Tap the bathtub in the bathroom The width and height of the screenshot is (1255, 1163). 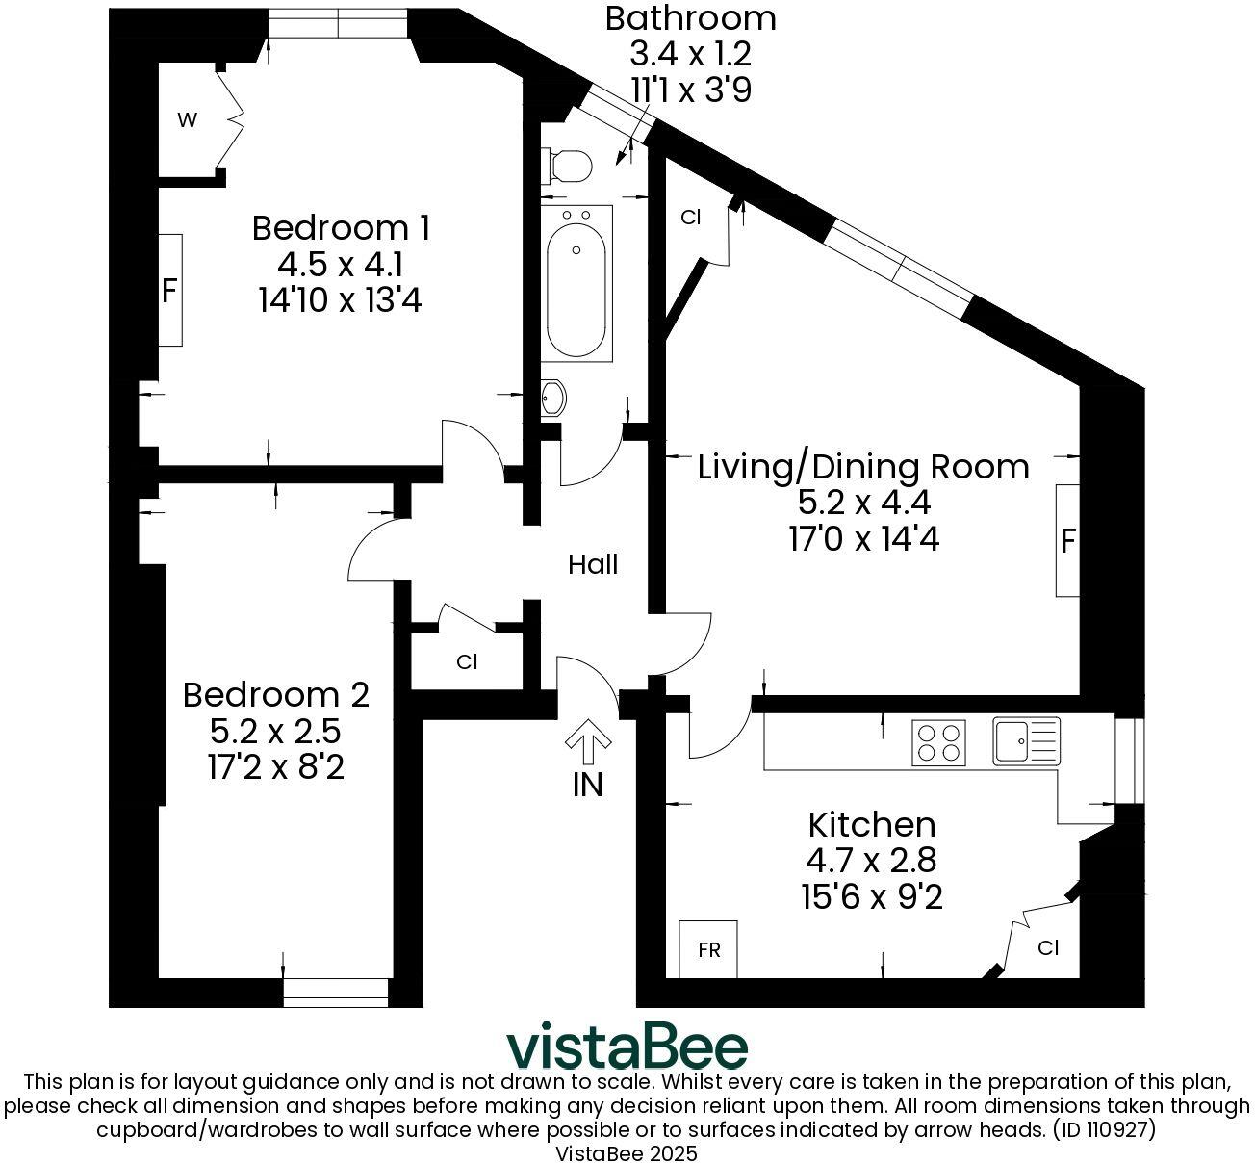tap(576, 283)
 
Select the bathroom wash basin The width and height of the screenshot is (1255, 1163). tap(553, 398)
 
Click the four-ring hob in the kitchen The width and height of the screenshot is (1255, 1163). tap(938, 743)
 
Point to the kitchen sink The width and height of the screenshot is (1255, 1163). tap(1026, 741)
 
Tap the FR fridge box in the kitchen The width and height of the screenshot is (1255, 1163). tap(708, 949)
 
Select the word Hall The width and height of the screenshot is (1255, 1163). tap(592, 564)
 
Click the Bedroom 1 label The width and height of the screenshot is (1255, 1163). tap(342, 227)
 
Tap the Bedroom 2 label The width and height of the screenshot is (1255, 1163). tap(276, 695)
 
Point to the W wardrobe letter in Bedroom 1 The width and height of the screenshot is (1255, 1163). tap(187, 119)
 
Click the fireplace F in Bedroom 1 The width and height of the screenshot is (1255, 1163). tap(168, 291)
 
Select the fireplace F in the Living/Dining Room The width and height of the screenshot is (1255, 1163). tap(1067, 541)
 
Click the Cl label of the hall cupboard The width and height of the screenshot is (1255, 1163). tap(467, 662)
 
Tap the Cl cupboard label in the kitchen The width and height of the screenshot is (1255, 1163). tap(1048, 947)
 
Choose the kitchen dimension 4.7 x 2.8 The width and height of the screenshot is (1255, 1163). tap(871, 860)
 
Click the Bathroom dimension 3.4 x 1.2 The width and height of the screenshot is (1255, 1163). tap(691, 54)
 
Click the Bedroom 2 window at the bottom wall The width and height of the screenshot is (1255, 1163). tap(336, 993)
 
